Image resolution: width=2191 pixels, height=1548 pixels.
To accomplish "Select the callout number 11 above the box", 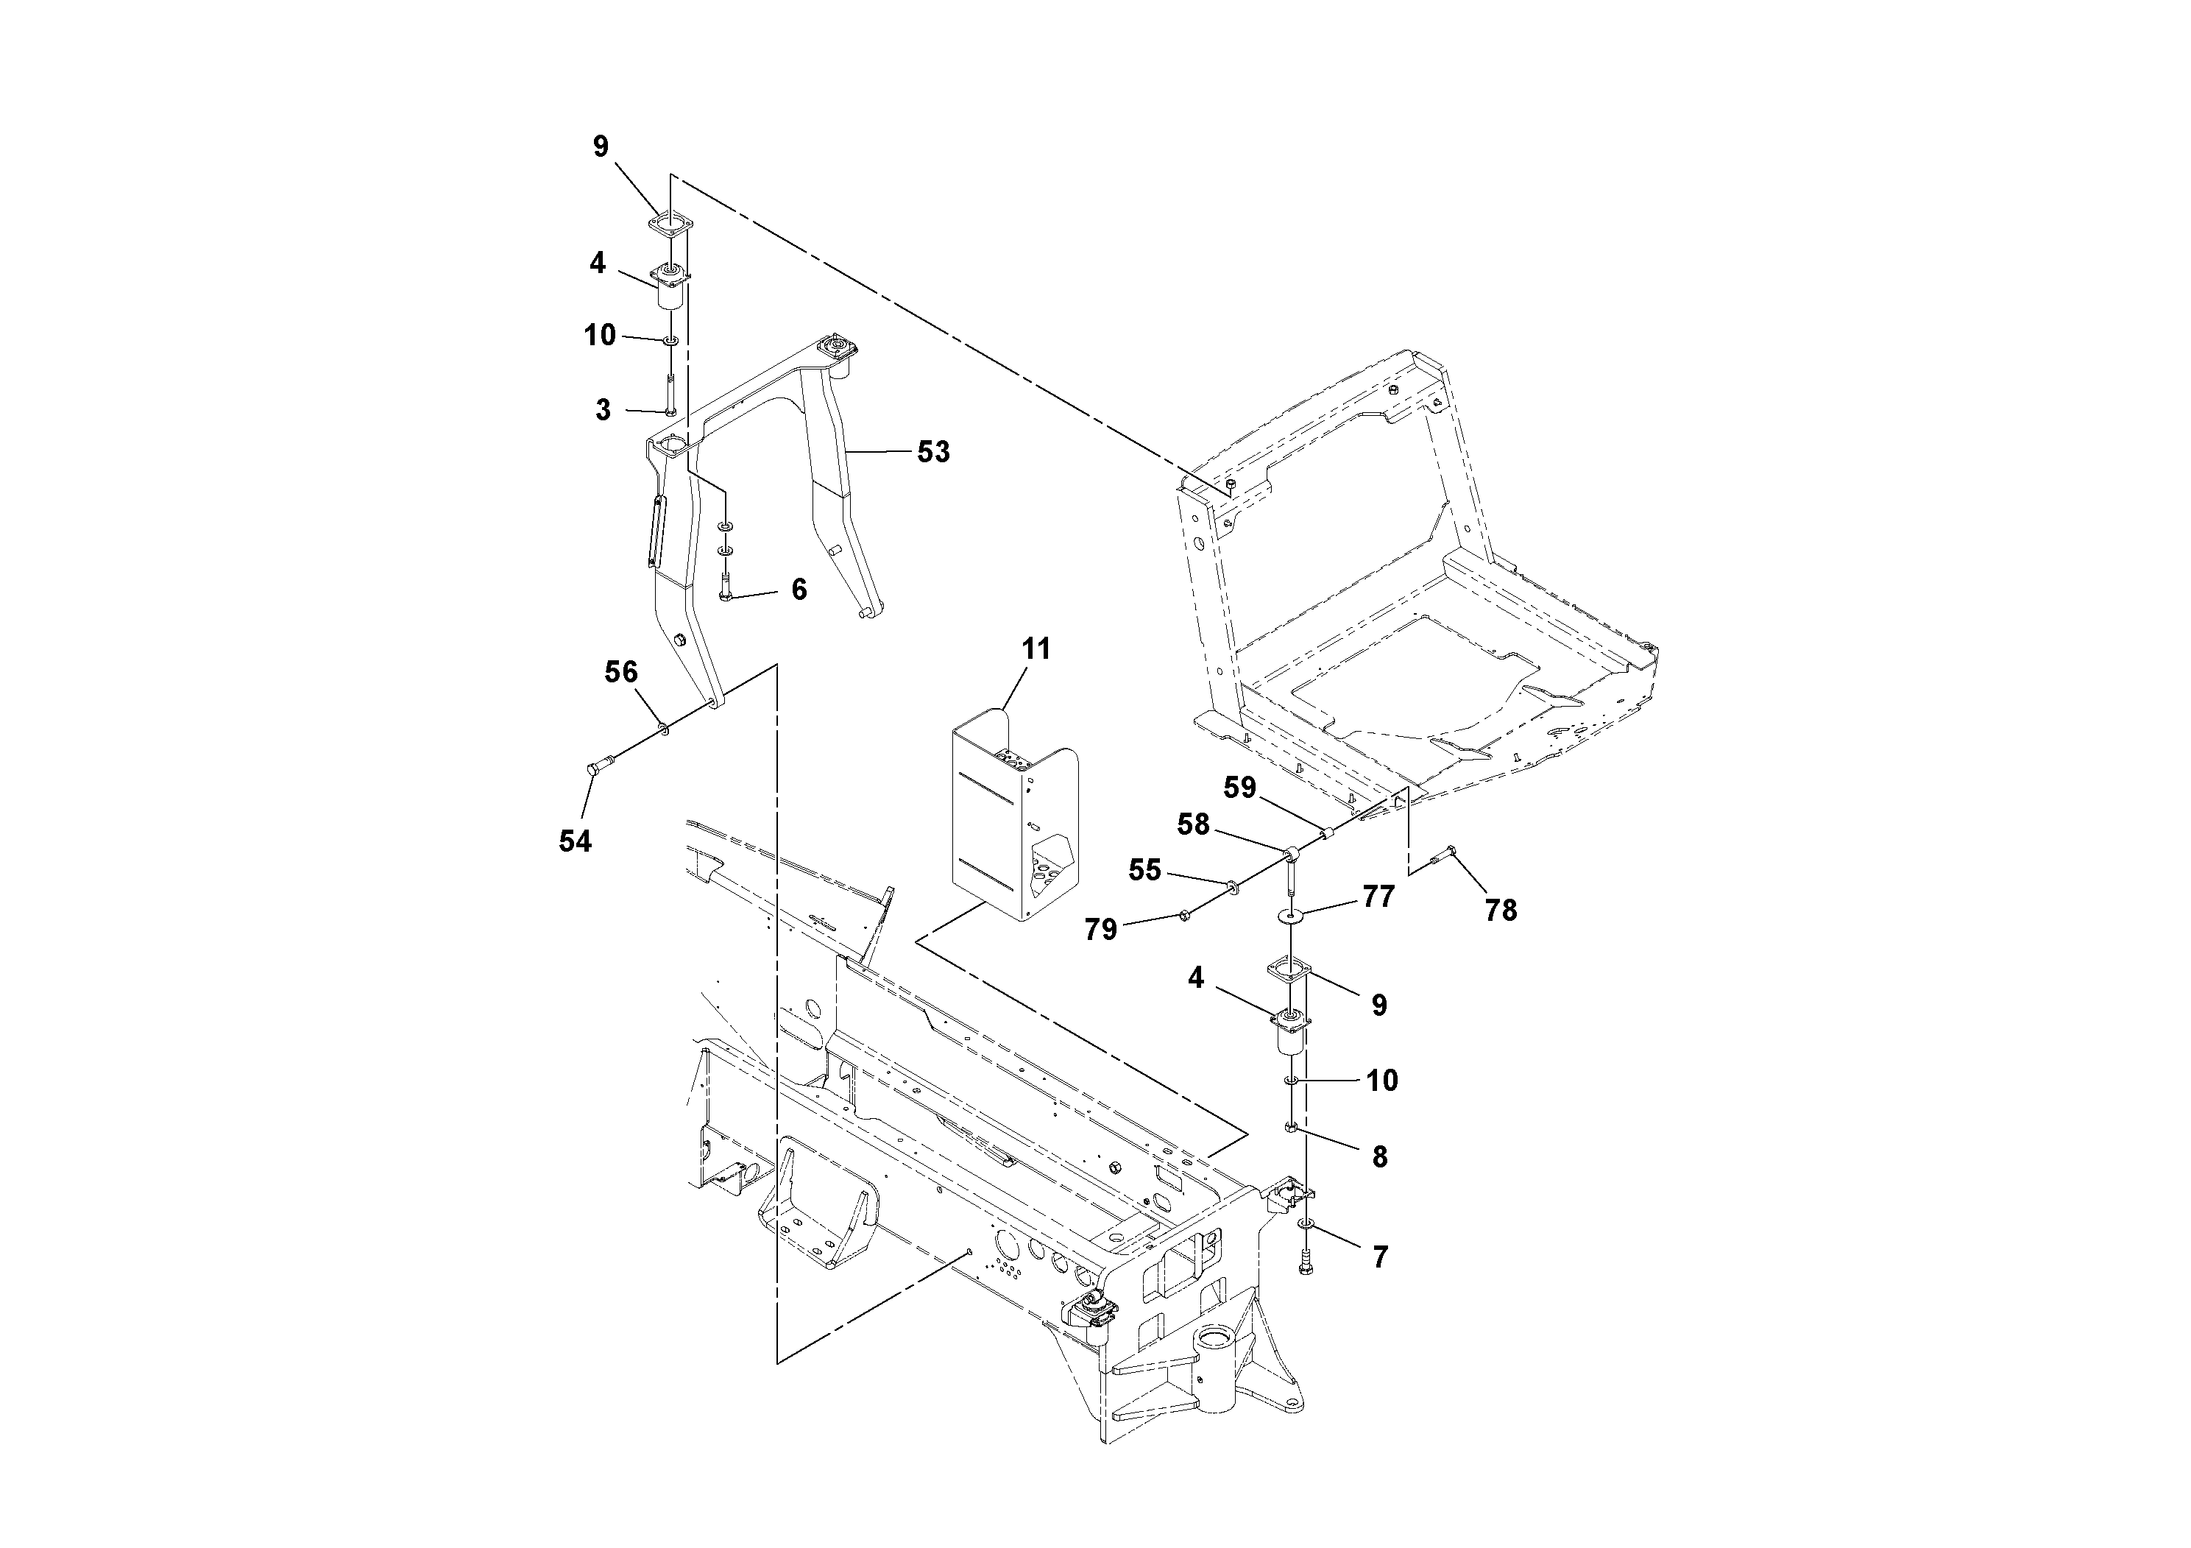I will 1036,649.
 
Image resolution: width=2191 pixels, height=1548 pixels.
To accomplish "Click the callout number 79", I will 1100,930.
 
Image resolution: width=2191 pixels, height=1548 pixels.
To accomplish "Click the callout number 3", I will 602,411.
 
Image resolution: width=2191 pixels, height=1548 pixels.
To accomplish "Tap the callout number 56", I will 620,672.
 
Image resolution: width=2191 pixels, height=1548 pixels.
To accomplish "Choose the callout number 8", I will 1379,1156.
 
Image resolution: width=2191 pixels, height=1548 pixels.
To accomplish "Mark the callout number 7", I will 1380,1258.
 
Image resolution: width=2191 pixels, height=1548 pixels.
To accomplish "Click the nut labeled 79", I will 1183,915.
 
